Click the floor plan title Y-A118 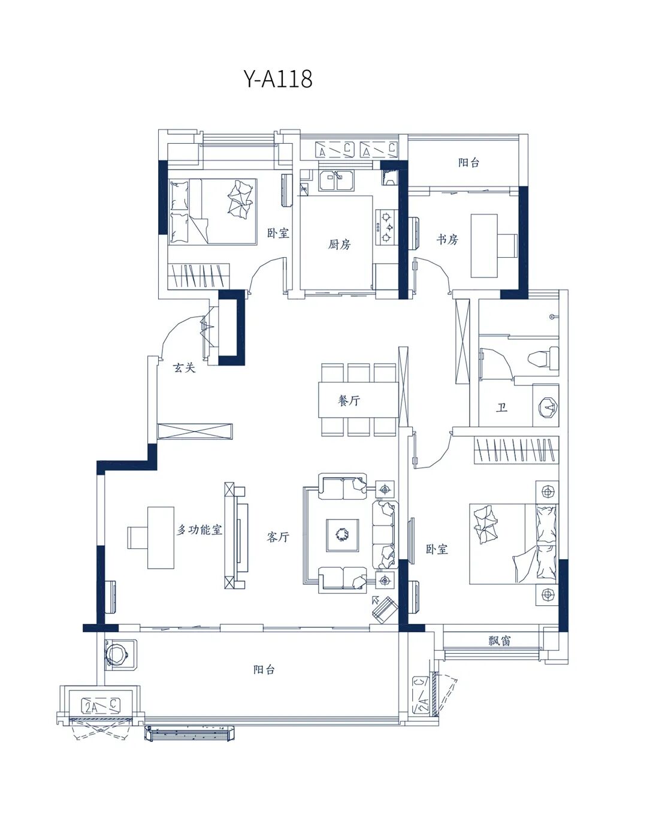(x=278, y=79)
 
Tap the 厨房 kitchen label (x=339, y=244)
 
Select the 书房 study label (x=447, y=240)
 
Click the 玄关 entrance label (x=184, y=368)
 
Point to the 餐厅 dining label (x=349, y=401)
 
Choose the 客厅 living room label (x=278, y=537)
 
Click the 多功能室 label (x=199, y=530)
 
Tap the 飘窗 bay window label (x=499, y=641)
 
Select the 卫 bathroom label (x=501, y=408)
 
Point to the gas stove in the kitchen (x=386, y=227)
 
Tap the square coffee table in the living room (x=342, y=535)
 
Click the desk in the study (x=483, y=246)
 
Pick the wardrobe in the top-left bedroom (x=198, y=276)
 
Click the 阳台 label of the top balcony (x=468, y=163)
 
